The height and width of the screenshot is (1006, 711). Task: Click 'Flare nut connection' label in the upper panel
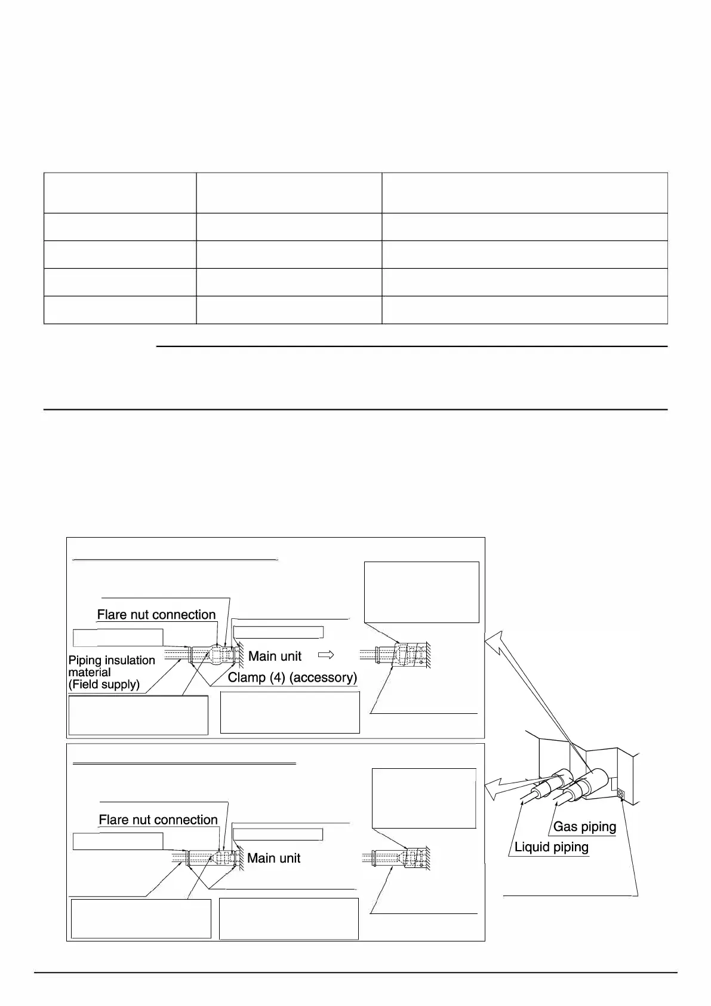coord(156,615)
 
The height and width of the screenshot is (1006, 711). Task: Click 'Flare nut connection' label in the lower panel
coord(158,820)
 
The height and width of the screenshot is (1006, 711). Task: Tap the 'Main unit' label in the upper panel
coord(275,656)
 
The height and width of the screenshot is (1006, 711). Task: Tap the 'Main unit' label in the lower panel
coord(273,858)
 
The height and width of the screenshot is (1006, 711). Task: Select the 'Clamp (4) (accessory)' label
coord(293,677)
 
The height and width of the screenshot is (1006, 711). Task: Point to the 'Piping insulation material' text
coord(112,665)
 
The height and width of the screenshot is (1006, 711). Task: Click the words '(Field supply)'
coord(104,684)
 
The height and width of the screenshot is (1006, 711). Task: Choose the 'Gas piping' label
coord(584,827)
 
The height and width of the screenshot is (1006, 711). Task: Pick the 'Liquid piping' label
coord(552,847)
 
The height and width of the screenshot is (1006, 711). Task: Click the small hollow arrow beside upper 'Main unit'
coord(326,655)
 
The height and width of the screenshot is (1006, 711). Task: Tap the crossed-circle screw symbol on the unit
coord(620,794)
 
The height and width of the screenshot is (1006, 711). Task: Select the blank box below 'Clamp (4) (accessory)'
coord(290,712)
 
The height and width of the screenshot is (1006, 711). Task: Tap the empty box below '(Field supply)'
coord(138,714)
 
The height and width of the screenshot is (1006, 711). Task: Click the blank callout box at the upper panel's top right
coord(421,592)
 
